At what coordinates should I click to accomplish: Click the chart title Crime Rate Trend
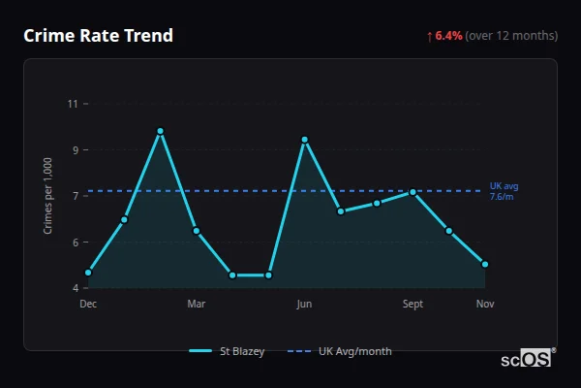coord(99,36)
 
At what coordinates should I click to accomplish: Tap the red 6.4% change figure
coord(449,36)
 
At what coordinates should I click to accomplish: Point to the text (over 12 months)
coord(511,36)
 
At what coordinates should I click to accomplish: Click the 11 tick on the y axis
coord(74,104)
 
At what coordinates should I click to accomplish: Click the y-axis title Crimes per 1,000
coord(48,196)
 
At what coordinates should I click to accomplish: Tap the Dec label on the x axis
coord(88,305)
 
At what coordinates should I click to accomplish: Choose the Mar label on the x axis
coord(197,305)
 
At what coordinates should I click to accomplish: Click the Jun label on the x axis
coord(304,305)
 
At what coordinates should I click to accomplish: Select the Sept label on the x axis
coord(413,305)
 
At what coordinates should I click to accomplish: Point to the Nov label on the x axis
coord(485,305)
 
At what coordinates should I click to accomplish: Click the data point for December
coord(88,273)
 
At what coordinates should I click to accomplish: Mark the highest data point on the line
coord(161,131)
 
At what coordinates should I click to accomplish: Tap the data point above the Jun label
coord(305,140)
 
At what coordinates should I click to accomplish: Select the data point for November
coord(485,264)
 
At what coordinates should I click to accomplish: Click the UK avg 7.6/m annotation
coord(504,191)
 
